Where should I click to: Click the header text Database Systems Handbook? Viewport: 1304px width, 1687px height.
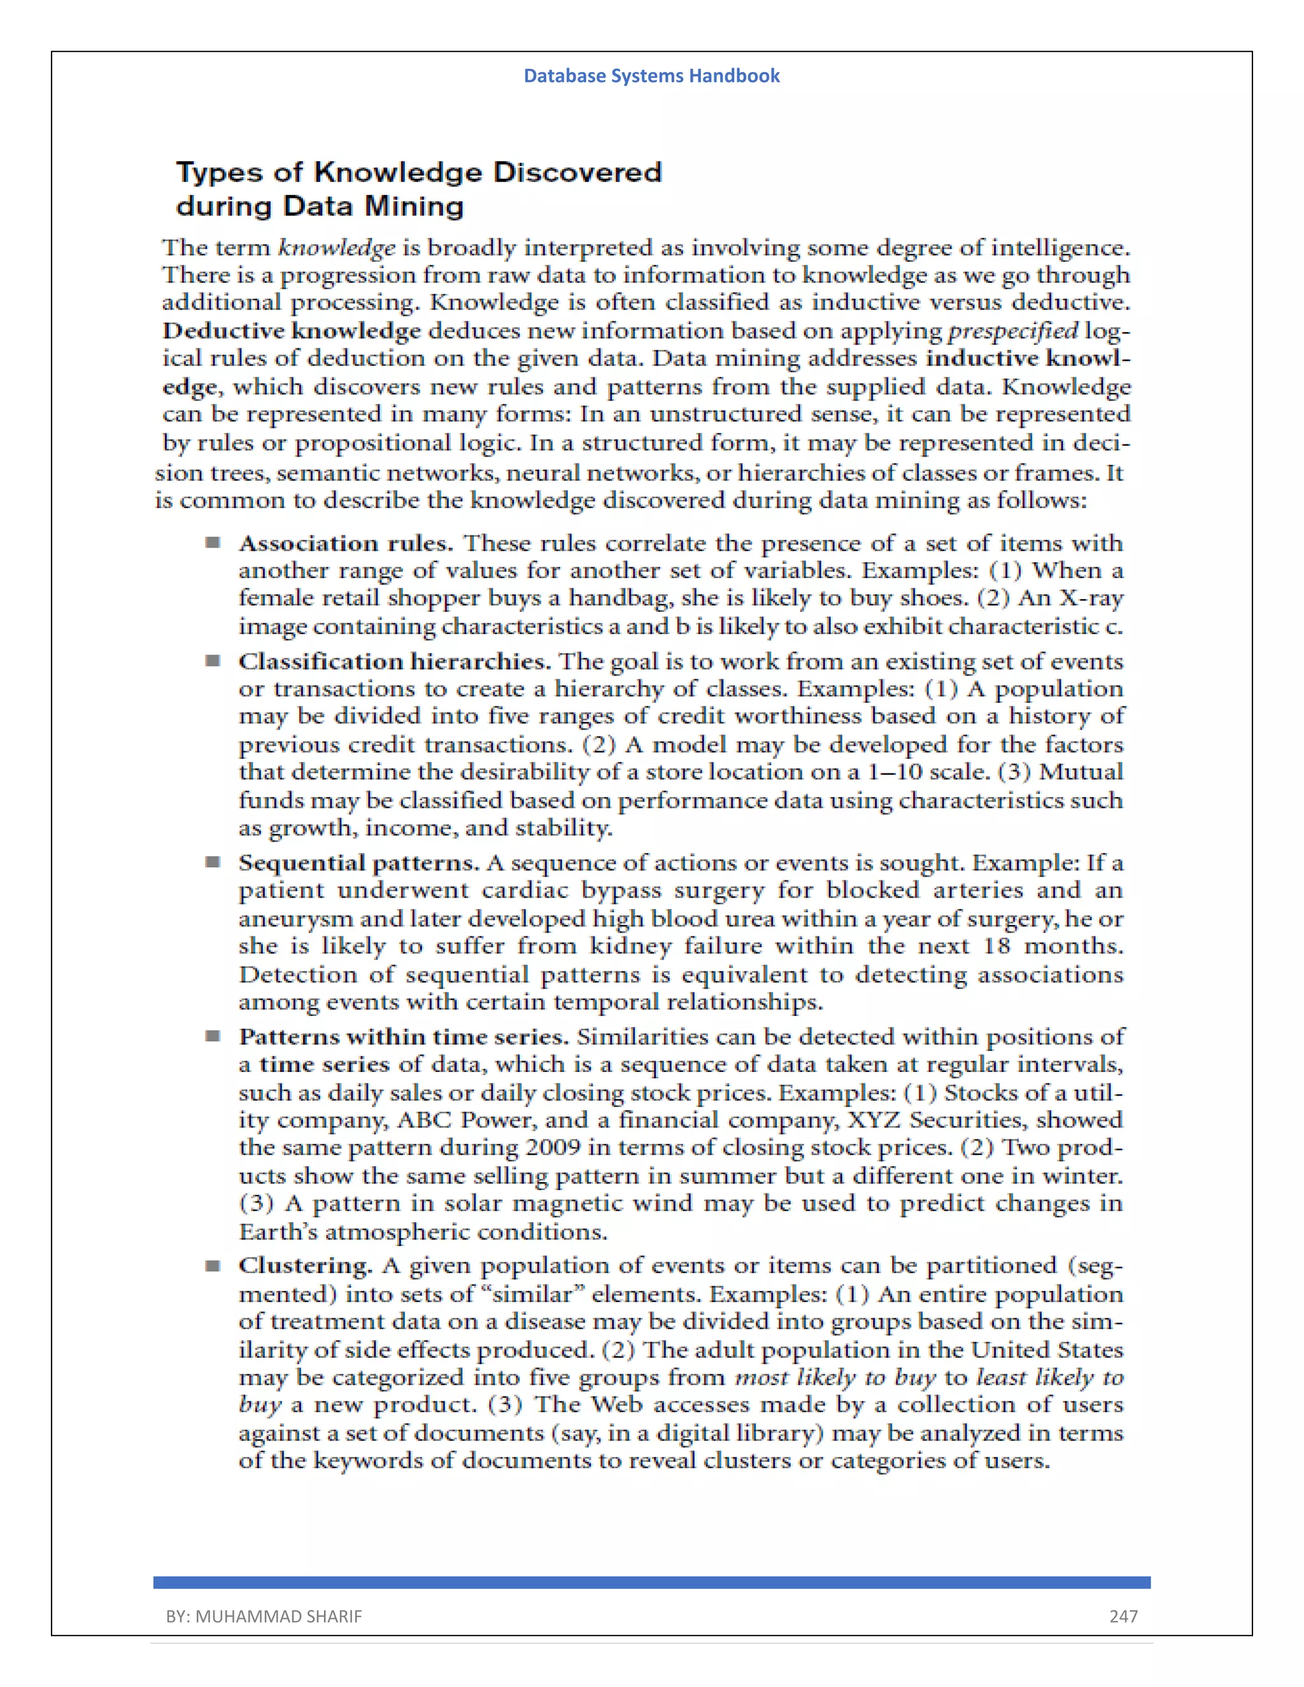651,76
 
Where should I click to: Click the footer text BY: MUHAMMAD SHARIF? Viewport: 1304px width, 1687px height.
264,1616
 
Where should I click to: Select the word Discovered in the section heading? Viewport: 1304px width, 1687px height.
577,173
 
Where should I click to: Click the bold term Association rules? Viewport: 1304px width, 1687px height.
345,544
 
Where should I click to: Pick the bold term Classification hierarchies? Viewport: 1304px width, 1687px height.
394,662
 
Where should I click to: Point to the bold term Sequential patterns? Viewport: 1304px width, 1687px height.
358,863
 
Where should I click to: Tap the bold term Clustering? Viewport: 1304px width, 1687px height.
305,1266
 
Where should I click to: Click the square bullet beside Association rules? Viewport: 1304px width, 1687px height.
213,543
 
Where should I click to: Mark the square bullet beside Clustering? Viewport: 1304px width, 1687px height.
213,1266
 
